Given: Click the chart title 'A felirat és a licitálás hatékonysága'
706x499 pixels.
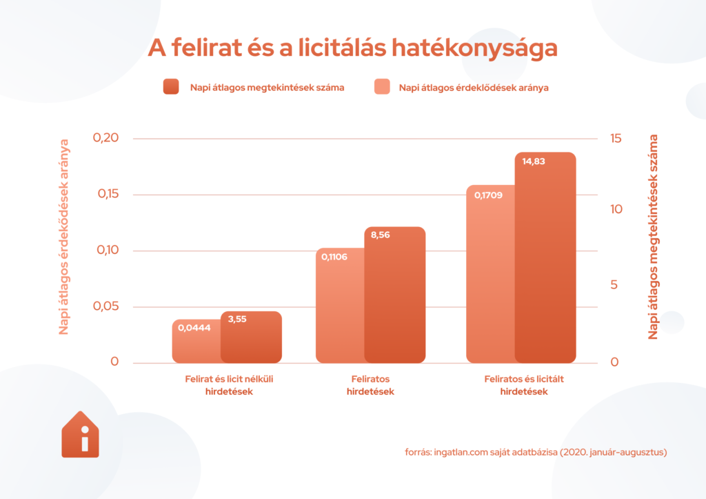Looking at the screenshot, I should pyautogui.click(x=352, y=48).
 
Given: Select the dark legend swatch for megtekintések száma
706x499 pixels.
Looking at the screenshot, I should pyautogui.click(x=171, y=87).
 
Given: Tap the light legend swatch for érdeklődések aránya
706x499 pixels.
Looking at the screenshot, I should pyautogui.click(x=381, y=87).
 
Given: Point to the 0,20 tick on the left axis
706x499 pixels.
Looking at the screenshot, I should pyautogui.click(x=106, y=138).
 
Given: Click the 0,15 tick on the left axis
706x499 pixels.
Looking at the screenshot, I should pyautogui.click(x=106, y=194).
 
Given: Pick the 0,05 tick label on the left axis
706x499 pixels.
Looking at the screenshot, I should pyautogui.click(x=106, y=306).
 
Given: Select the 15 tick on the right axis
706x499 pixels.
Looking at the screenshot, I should pyautogui.click(x=616, y=138).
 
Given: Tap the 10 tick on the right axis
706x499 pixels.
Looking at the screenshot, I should pyautogui.click(x=616, y=209).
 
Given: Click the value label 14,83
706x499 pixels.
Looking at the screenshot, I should pyautogui.click(x=536, y=162).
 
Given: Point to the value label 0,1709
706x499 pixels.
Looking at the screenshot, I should pyautogui.click(x=488, y=195).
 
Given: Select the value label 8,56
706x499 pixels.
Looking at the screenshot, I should pyautogui.click(x=381, y=235).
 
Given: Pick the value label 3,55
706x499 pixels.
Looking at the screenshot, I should pyautogui.click(x=237, y=320).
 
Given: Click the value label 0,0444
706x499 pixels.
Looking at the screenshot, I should pyautogui.click(x=194, y=329).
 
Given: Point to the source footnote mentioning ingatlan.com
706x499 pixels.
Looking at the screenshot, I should pyautogui.click(x=536, y=453).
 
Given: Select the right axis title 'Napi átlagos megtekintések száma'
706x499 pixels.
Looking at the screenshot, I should pyautogui.click(x=653, y=237).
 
